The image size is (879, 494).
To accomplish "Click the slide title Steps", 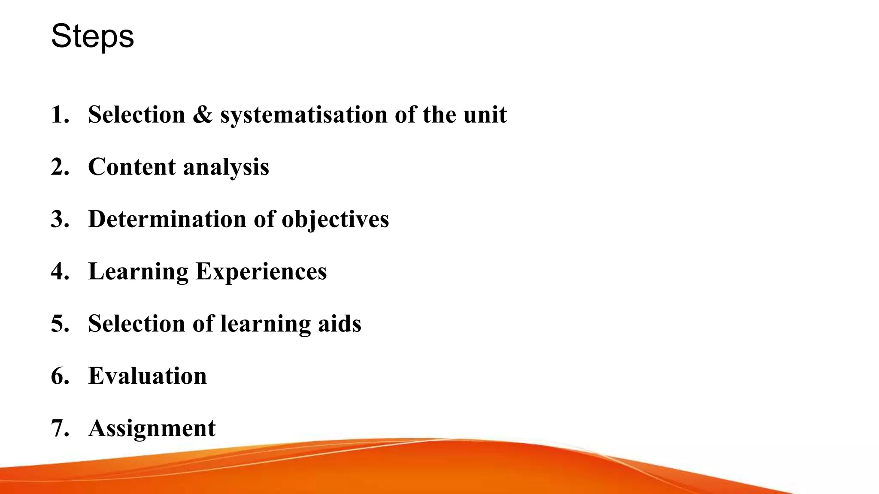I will click(92, 36).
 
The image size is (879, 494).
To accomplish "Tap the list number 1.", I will click(59, 115).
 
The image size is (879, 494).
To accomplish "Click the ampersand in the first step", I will click(203, 115).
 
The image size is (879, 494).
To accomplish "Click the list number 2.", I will click(60, 167).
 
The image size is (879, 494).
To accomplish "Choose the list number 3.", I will click(60, 219).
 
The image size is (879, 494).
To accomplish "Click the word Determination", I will click(167, 219).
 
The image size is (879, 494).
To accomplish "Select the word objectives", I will click(335, 220).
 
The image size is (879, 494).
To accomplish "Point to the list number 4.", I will click(60, 271).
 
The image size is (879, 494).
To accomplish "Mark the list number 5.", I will click(60, 324).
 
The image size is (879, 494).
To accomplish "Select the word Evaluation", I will click(147, 376).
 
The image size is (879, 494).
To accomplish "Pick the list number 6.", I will click(60, 376).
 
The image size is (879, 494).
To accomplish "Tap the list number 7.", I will click(60, 428).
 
